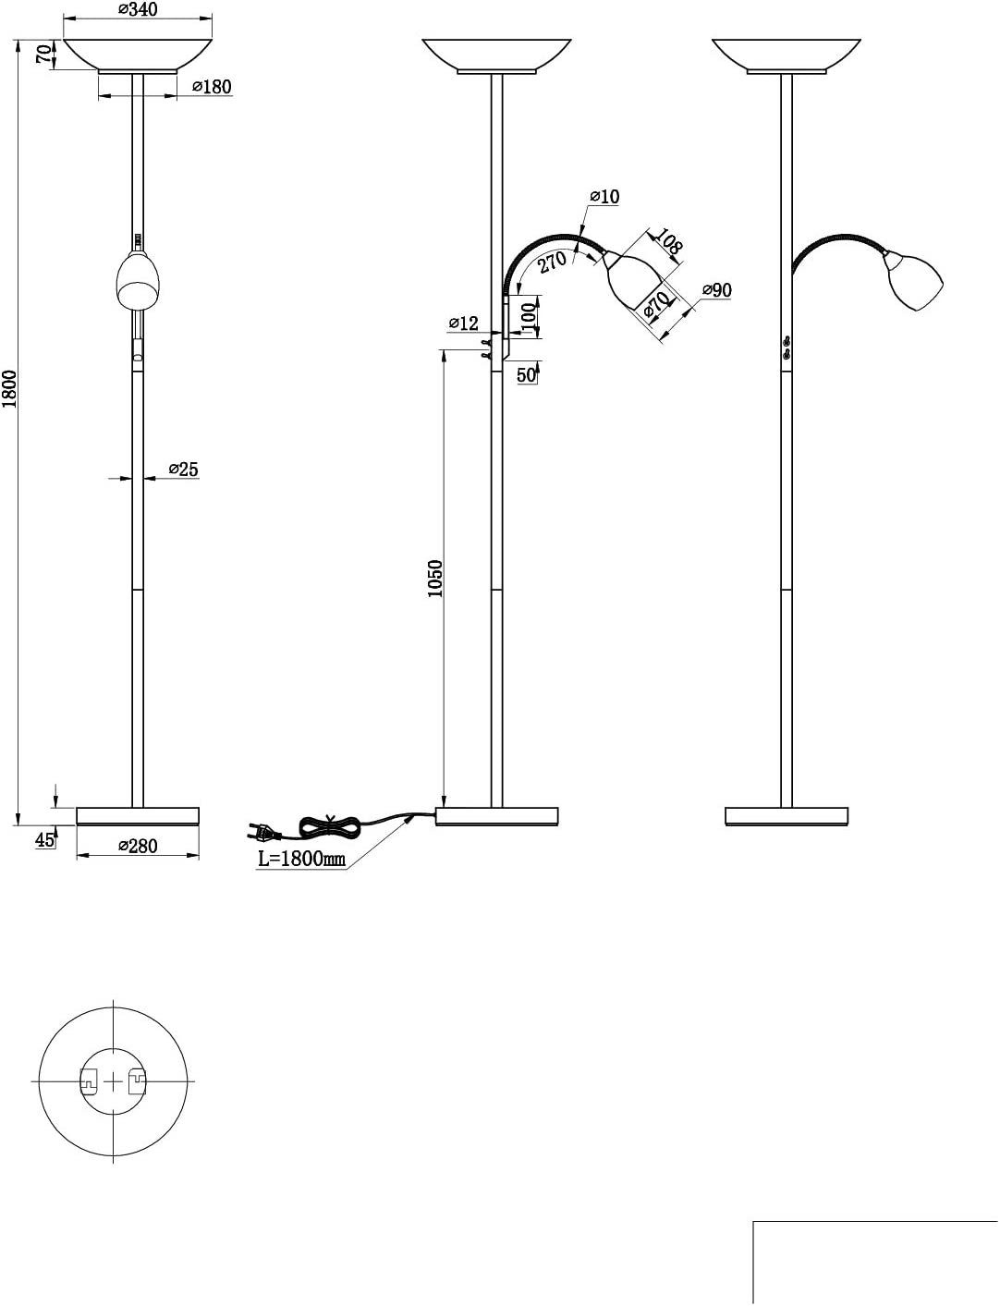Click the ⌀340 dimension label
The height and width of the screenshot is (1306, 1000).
click(x=138, y=10)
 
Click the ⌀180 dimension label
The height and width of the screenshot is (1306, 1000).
click(x=212, y=87)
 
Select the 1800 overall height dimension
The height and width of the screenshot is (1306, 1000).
click(x=9, y=389)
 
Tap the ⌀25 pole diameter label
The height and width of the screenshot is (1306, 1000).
click(x=183, y=470)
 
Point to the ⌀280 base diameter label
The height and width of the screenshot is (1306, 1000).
click(x=138, y=845)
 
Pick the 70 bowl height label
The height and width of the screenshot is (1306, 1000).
click(x=43, y=53)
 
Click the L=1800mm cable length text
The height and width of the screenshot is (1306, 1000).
click(x=301, y=859)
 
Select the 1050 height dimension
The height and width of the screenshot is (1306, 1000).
click(x=436, y=579)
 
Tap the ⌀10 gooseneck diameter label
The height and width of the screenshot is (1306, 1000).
click(x=604, y=196)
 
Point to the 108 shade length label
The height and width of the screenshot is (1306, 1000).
click(x=666, y=241)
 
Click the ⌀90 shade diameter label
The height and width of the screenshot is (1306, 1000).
click(x=716, y=290)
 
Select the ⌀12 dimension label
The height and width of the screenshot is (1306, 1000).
click(x=463, y=323)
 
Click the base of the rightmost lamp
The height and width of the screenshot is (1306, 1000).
click(x=787, y=816)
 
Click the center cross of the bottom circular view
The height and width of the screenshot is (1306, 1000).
click(x=113, y=1080)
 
